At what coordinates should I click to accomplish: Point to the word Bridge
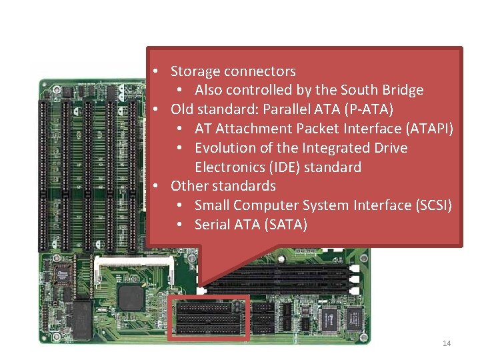[403, 90]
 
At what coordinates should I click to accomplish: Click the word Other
[189, 186]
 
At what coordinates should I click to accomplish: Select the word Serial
[212, 225]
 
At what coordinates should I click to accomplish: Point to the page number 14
[447, 343]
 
